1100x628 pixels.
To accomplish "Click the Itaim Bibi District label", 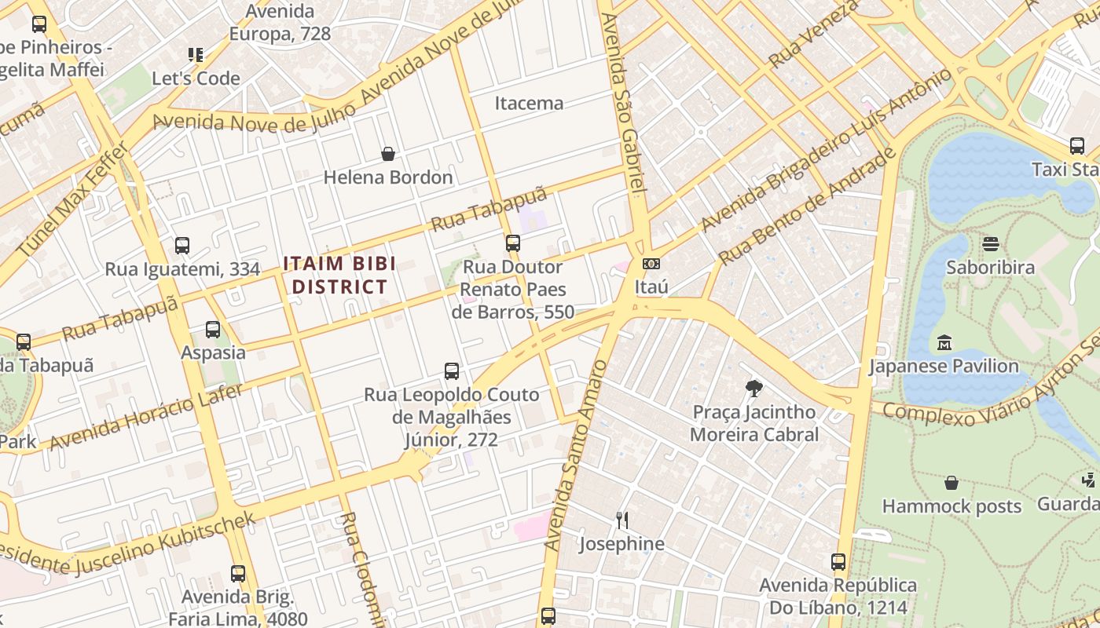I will pyautogui.click(x=339, y=275).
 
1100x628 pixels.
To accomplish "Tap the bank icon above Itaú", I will pyautogui.click(x=651, y=264).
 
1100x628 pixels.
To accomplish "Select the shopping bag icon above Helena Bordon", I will pyautogui.click(x=387, y=154).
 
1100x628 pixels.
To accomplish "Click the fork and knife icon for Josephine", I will pyautogui.click(x=621, y=520).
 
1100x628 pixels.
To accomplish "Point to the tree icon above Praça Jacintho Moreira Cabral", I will pyautogui.click(x=753, y=388).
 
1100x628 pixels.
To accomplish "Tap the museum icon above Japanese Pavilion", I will pyautogui.click(x=944, y=343).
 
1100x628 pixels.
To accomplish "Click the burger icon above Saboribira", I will pyautogui.click(x=990, y=244).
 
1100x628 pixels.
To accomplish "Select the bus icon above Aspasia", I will pyautogui.click(x=213, y=330).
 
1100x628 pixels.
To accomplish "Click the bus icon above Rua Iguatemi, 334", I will pyautogui.click(x=182, y=246).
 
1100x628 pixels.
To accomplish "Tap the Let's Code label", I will pyautogui.click(x=196, y=78).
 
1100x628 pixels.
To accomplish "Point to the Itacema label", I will pyautogui.click(x=529, y=103).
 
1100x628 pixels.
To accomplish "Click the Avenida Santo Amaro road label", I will pyautogui.click(x=576, y=455).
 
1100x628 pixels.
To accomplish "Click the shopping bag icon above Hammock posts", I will pyautogui.click(x=951, y=483).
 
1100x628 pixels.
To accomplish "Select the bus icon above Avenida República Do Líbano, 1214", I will pyautogui.click(x=838, y=562).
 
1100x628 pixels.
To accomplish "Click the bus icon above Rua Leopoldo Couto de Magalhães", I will pyautogui.click(x=451, y=371).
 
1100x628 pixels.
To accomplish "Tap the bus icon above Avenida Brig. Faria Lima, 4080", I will pyautogui.click(x=238, y=574).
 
